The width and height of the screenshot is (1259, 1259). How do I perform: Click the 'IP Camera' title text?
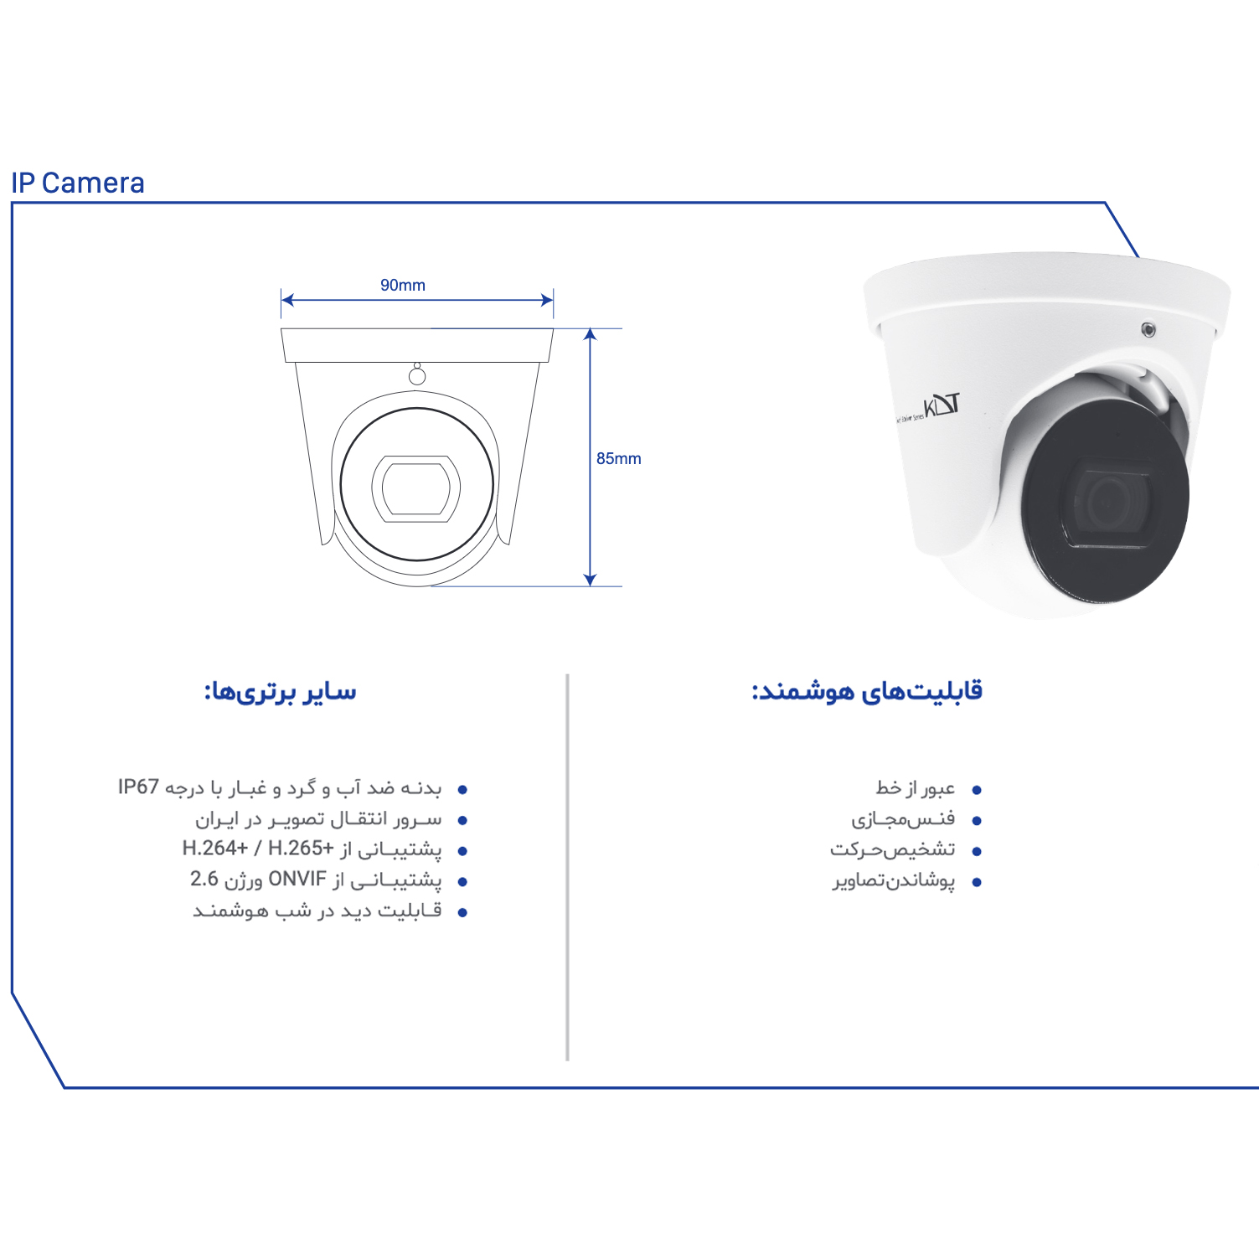click(x=78, y=183)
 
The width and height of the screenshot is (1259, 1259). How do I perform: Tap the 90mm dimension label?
click(x=403, y=285)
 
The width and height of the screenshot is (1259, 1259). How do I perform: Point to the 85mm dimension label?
click(x=619, y=458)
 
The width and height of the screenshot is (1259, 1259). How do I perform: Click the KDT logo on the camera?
click(x=942, y=406)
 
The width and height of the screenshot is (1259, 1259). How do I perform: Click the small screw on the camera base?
click(x=1148, y=329)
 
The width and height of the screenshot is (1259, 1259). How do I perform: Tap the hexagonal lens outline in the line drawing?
click(x=416, y=487)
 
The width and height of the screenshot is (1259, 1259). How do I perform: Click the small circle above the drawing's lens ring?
click(x=417, y=376)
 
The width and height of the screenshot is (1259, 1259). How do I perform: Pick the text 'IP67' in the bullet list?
click(x=138, y=787)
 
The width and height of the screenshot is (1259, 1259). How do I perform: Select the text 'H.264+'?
click(x=215, y=848)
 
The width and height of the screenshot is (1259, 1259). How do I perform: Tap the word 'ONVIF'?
click(x=297, y=879)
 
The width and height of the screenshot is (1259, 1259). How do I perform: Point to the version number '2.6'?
click(x=204, y=879)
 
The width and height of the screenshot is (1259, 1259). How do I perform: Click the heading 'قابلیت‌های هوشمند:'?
click(x=867, y=692)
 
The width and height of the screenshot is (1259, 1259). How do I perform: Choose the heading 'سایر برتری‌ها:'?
click(x=281, y=692)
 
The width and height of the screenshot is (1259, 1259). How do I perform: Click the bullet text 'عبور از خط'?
click(x=916, y=787)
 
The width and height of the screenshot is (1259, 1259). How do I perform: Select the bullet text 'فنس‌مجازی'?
click(x=904, y=818)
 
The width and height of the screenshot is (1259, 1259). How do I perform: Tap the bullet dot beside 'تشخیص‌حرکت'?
click(x=976, y=851)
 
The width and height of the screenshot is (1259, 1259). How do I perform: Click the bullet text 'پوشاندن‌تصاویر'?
click(x=894, y=881)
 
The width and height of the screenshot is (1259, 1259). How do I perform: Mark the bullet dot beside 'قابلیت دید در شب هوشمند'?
click(x=462, y=912)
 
